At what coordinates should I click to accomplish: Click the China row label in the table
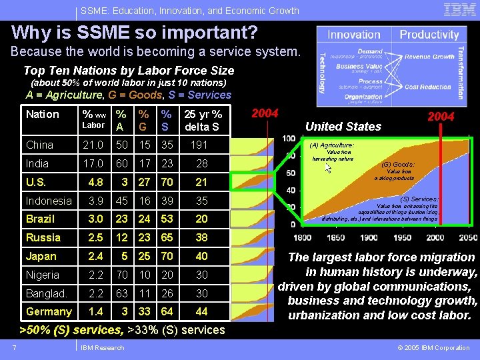(40, 145)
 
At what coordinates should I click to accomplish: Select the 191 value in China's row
(199, 145)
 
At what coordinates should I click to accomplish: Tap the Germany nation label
(49, 311)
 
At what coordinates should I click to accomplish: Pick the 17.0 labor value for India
(92, 163)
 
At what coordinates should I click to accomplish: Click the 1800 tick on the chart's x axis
(302, 238)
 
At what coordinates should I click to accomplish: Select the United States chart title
(343, 126)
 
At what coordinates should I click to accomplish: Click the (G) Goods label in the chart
(397, 164)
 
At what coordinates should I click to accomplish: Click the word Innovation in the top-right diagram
(354, 35)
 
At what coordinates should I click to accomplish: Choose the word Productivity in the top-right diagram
(429, 35)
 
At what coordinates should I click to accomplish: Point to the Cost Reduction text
(427, 87)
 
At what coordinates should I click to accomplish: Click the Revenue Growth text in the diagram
(429, 57)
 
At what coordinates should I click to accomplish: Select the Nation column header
(43, 114)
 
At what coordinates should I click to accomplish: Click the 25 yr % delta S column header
(202, 119)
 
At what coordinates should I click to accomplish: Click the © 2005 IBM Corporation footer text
(433, 347)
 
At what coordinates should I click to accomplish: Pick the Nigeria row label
(43, 275)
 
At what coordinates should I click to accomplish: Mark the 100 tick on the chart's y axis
(289, 139)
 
